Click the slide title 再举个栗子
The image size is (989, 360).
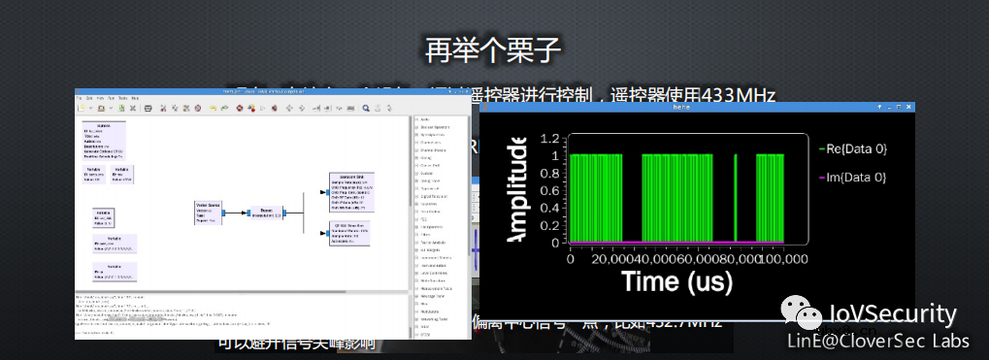494,49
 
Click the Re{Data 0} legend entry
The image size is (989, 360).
853,148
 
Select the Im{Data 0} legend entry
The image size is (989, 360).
853,177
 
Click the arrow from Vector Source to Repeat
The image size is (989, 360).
239,213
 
